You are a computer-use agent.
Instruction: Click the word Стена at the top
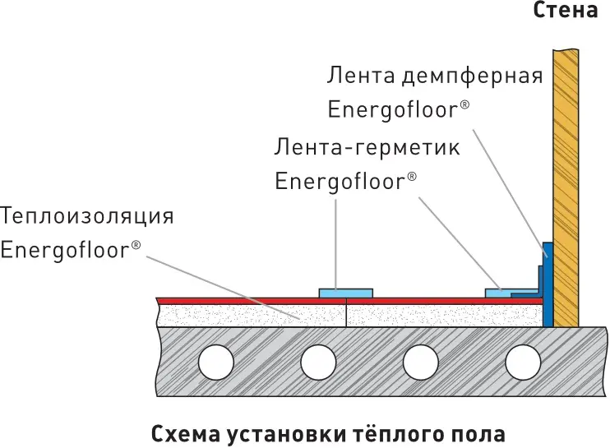pyautogui.click(x=565, y=10)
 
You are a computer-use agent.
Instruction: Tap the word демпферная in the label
pyautogui.click(x=472, y=76)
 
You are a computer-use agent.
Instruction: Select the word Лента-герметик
pyautogui.click(x=367, y=147)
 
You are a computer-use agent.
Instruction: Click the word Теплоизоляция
pyautogui.click(x=87, y=216)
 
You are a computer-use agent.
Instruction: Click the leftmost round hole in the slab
pyautogui.click(x=216, y=363)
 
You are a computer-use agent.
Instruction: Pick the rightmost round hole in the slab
pyautogui.click(x=523, y=363)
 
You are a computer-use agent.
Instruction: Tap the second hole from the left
pyautogui.click(x=318, y=363)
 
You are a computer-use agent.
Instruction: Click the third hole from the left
pyautogui.click(x=421, y=363)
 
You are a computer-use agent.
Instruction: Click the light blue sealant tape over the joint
pyautogui.click(x=346, y=293)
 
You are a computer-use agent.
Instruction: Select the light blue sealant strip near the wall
pyautogui.click(x=500, y=293)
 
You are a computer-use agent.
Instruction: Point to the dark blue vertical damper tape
pyautogui.click(x=548, y=284)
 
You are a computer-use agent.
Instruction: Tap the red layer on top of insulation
pyautogui.click(x=349, y=302)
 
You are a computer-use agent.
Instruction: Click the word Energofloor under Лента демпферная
pyautogui.click(x=394, y=109)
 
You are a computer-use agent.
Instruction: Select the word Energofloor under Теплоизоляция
pyautogui.click(x=65, y=250)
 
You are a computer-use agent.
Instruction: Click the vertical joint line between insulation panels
pyautogui.click(x=346, y=312)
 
